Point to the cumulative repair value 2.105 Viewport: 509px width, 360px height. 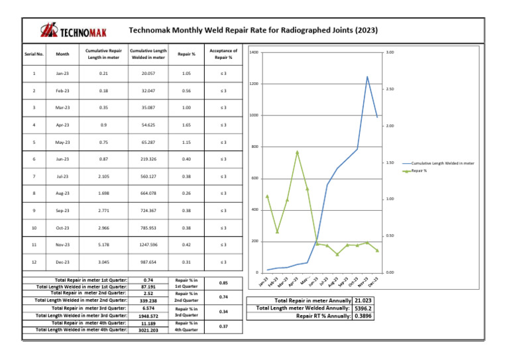[x=102, y=177]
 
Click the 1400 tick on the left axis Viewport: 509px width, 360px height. [x=253, y=52]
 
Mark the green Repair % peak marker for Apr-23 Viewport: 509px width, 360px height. [x=298, y=152]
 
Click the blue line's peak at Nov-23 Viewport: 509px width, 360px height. [x=367, y=76]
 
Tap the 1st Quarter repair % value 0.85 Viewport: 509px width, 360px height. [x=223, y=282]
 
